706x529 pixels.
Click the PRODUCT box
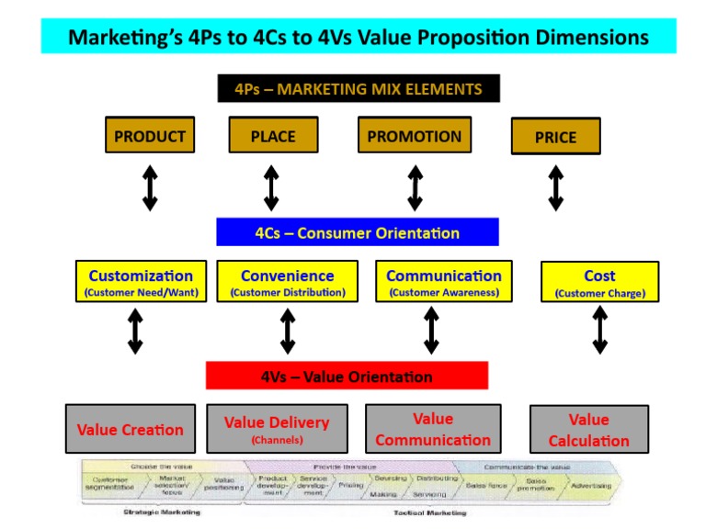click(x=150, y=136)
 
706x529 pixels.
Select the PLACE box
click(x=273, y=135)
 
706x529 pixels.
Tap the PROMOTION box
click(x=415, y=135)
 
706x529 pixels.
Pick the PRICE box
click(x=555, y=136)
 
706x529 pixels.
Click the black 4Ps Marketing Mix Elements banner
click(x=359, y=88)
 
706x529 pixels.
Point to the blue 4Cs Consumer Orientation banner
click(x=358, y=231)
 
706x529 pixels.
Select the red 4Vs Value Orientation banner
click(x=347, y=376)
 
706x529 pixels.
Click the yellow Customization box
click(x=141, y=282)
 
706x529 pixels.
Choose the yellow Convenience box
click(x=288, y=282)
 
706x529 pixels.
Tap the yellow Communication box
click(x=444, y=282)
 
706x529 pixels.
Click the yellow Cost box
click(x=599, y=282)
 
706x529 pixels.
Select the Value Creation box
click(x=130, y=428)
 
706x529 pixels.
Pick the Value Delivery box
click(x=277, y=428)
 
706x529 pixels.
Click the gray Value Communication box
click(x=433, y=428)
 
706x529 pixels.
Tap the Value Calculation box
click(x=589, y=429)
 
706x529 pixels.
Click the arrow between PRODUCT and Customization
click(x=150, y=187)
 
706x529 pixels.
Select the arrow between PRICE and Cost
click(x=555, y=187)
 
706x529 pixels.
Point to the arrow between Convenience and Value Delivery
click(x=288, y=331)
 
